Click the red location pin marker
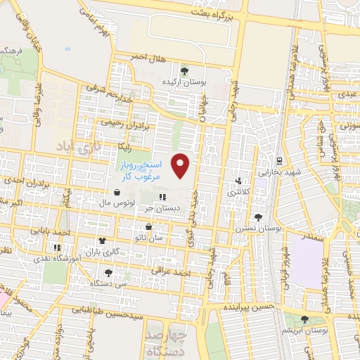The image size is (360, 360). (181, 166)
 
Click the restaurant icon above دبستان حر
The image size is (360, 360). (163, 198)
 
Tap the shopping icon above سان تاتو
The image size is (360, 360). (149, 227)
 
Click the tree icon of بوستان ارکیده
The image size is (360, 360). (184, 70)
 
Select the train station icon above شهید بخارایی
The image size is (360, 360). (279, 161)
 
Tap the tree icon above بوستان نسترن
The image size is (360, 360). (258, 217)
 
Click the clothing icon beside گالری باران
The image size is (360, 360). (103, 241)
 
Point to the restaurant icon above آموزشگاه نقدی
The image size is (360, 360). (57, 247)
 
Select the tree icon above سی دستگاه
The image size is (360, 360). (108, 272)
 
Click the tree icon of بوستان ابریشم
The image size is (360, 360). (304, 319)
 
